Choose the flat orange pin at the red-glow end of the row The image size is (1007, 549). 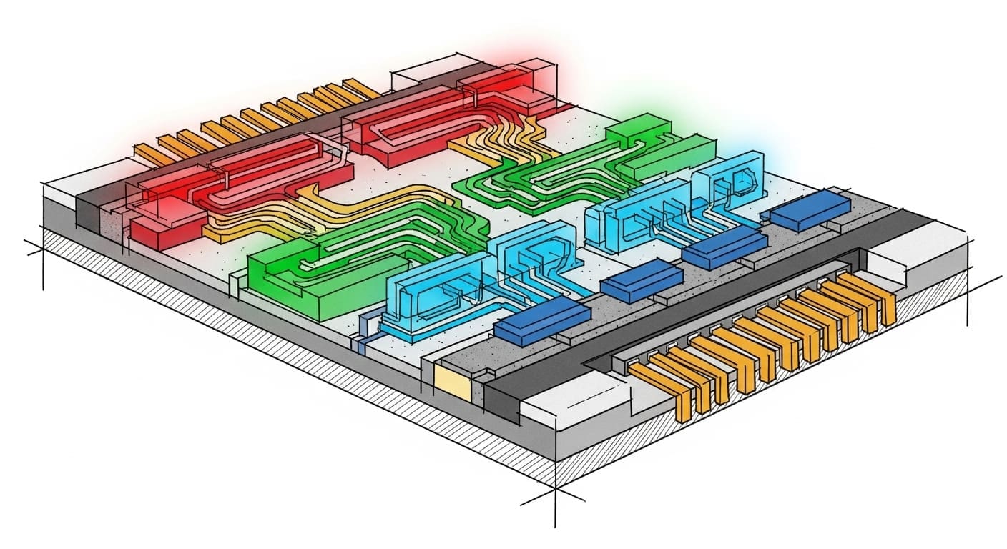(x=150, y=152)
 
